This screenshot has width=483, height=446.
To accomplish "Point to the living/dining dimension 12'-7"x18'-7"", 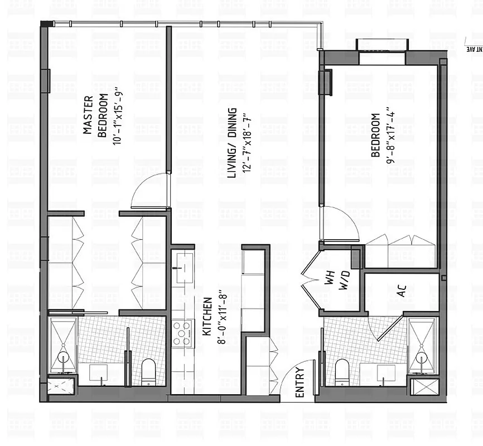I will click(246, 143).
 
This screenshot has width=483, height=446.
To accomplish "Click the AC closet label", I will click(402, 290).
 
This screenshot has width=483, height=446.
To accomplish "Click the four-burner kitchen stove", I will click(182, 333).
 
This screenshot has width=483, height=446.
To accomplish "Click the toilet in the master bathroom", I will click(148, 371).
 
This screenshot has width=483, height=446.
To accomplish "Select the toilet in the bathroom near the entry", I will click(341, 371).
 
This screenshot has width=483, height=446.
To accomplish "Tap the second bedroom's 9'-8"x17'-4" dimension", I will click(391, 135).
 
